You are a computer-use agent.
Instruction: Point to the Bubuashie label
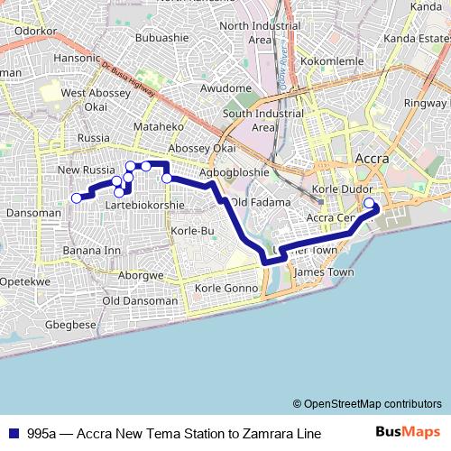pos(161,38)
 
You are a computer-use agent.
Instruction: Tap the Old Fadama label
pos(255,201)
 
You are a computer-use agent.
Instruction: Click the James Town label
pos(324,272)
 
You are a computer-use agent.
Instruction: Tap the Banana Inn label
pos(91,250)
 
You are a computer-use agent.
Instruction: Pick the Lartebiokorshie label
pos(144,205)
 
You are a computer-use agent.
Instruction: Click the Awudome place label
pos(225,87)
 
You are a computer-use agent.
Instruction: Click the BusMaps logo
pos(408,434)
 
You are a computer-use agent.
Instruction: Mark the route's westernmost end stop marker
pos(77,198)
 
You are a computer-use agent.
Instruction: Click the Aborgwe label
pos(140,274)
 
